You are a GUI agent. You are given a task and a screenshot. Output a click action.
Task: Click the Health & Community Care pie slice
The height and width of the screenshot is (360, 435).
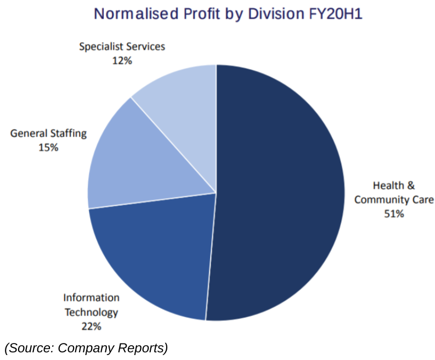[280, 192]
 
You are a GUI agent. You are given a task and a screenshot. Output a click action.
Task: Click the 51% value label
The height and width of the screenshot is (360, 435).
[394, 214]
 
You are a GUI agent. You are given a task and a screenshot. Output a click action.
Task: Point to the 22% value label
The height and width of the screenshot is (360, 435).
[91, 327]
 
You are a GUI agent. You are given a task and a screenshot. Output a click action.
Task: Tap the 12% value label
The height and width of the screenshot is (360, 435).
[122, 61]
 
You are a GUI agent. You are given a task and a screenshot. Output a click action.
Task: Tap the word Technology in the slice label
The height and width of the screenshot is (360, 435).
[91, 312]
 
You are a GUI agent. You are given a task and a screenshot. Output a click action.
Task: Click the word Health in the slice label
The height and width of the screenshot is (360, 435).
[387, 185]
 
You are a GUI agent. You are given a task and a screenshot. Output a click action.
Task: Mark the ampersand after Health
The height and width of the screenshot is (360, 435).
[410, 185]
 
